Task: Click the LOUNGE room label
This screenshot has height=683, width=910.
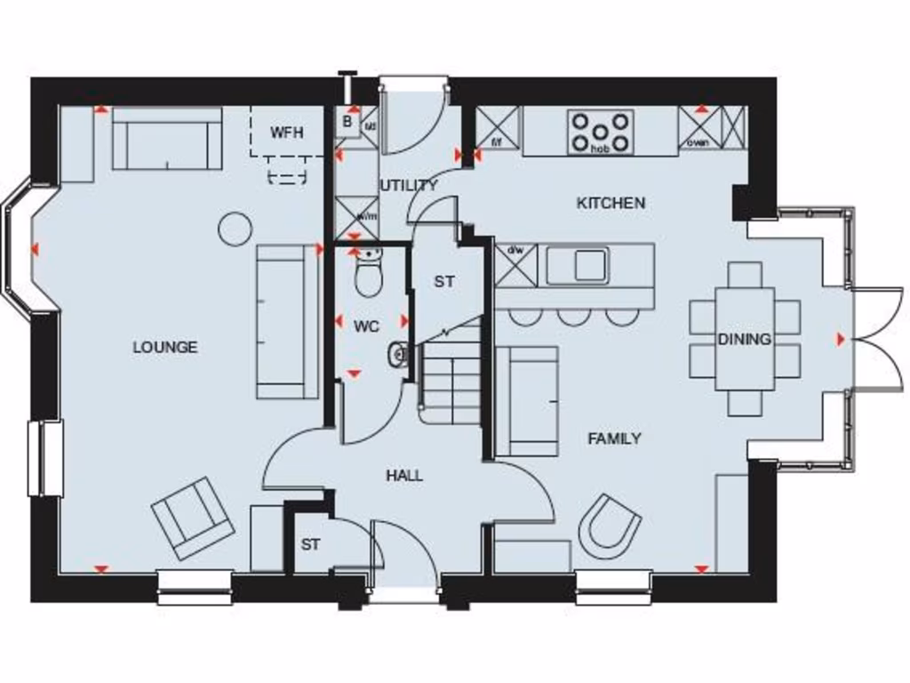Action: pyautogui.click(x=165, y=348)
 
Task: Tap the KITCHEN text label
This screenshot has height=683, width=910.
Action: pyautogui.click(x=611, y=204)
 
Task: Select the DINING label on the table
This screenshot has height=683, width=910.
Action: pyautogui.click(x=745, y=339)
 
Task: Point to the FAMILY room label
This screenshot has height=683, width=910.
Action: pyautogui.click(x=614, y=438)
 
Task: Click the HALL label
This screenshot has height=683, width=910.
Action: pyautogui.click(x=404, y=477)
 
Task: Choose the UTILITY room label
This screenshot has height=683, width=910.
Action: pyautogui.click(x=409, y=186)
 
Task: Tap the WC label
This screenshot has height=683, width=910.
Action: pyautogui.click(x=366, y=326)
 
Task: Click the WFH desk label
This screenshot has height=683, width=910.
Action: pyautogui.click(x=287, y=133)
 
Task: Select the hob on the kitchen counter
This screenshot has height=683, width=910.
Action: pyautogui.click(x=601, y=132)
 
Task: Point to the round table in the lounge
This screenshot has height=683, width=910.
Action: pyautogui.click(x=235, y=229)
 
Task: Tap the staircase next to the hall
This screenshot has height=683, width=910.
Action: pyautogui.click(x=451, y=378)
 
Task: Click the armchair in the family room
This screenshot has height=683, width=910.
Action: pyautogui.click(x=610, y=523)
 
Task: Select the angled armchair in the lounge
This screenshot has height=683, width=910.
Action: pyautogui.click(x=192, y=518)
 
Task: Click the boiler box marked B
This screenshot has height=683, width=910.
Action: pyautogui.click(x=347, y=122)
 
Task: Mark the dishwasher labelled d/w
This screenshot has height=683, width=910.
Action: pyautogui.click(x=516, y=265)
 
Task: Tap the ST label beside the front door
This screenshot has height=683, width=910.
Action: pyautogui.click(x=310, y=545)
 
